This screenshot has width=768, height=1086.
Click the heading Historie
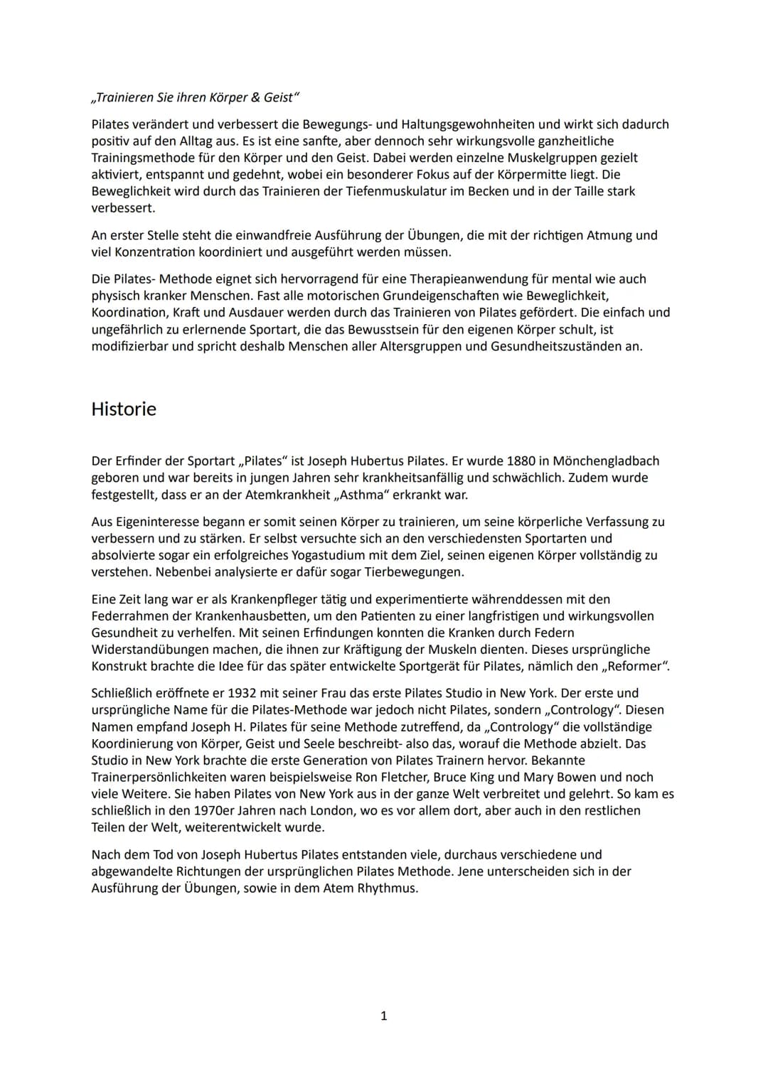(x=124, y=409)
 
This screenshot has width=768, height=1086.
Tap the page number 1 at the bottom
(x=384, y=1016)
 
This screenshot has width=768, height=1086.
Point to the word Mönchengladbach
(x=606, y=461)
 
